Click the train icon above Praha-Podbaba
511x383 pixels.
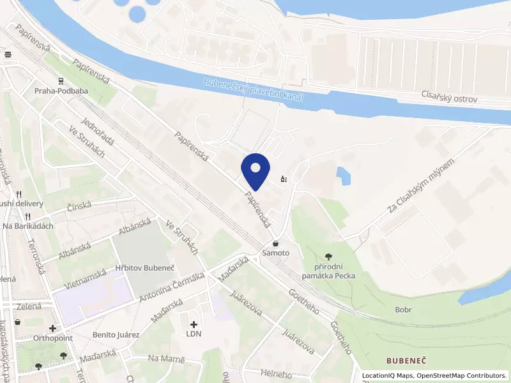61,81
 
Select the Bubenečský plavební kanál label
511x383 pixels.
253,91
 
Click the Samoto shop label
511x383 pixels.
275,253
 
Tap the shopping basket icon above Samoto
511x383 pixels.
275,243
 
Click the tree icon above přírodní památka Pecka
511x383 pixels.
329,257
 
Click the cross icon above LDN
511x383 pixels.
194,324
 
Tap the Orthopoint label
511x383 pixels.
52,338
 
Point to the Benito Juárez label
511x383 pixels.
116,334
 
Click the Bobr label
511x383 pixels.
403,310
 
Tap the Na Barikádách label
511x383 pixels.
29,226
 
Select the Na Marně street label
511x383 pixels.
166,359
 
